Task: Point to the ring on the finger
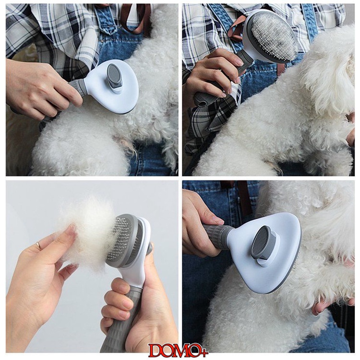[x=40, y=245]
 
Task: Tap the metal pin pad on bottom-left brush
[x=122, y=238]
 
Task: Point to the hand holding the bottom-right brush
[x=202, y=225]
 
